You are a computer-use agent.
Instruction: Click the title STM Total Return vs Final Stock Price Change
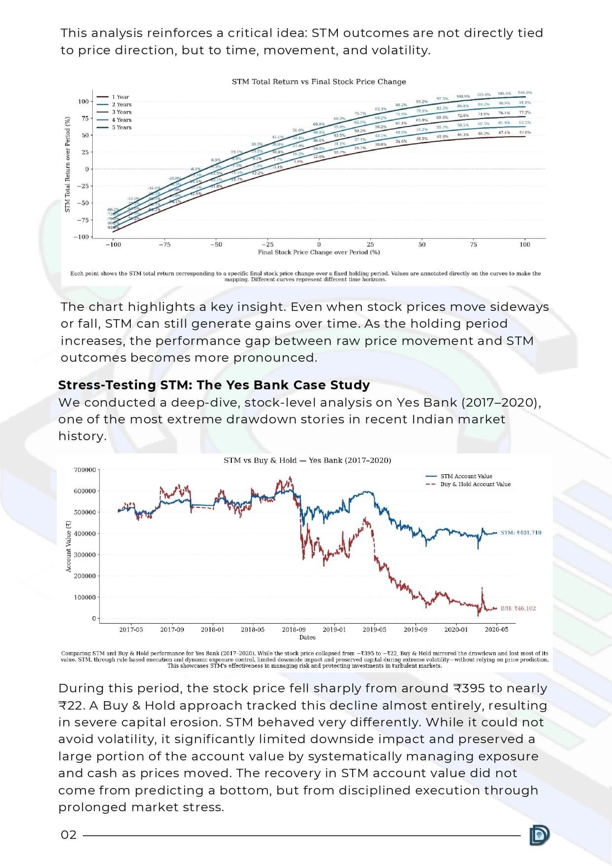coord(319,81)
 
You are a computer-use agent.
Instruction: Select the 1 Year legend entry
coord(120,97)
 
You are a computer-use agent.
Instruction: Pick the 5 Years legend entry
coord(121,127)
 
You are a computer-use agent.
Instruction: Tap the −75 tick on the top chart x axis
coord(164,244)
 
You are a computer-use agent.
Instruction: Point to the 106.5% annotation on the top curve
coord(525,93)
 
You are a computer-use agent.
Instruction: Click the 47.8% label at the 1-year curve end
coord(525,132)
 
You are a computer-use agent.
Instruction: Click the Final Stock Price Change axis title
coord(319,252)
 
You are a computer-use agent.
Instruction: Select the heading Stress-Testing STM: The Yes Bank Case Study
coord(214,385)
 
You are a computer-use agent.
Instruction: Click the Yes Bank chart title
coord(307,460)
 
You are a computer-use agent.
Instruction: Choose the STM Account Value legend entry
coord(466,476)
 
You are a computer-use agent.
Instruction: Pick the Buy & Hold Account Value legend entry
coord(475,484)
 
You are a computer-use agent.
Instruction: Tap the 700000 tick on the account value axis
coord(85,470)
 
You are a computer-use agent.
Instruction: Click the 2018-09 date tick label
coord(293,629)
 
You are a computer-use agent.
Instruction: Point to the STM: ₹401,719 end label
coord(521,532)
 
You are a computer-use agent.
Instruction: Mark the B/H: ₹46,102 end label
coord(518,608)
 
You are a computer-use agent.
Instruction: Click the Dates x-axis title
coord(307,637)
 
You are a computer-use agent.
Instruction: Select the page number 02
coord(69,835)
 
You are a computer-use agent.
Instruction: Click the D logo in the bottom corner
coord(539,835)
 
